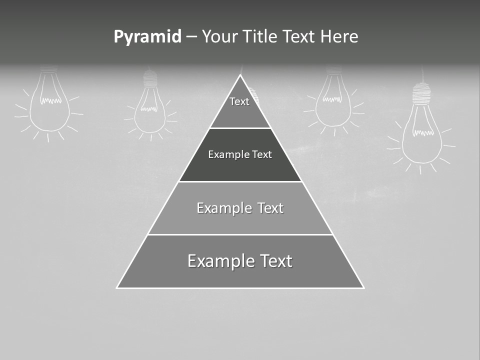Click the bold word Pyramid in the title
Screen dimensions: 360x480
(x=147, y=37)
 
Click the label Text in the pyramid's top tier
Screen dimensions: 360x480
(x=239, y=101)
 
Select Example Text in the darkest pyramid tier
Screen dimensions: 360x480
(x=240, y=154)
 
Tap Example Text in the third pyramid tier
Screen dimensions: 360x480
(x=240, y=208)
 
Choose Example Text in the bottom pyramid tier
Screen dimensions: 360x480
(x=240, y=261)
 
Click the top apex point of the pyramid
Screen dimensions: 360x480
(x=240, y=75)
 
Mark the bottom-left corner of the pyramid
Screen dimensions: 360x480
(x=117, y=287)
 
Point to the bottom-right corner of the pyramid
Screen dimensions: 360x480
(x=363, y=287)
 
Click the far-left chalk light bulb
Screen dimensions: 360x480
(x=48, y=105)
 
